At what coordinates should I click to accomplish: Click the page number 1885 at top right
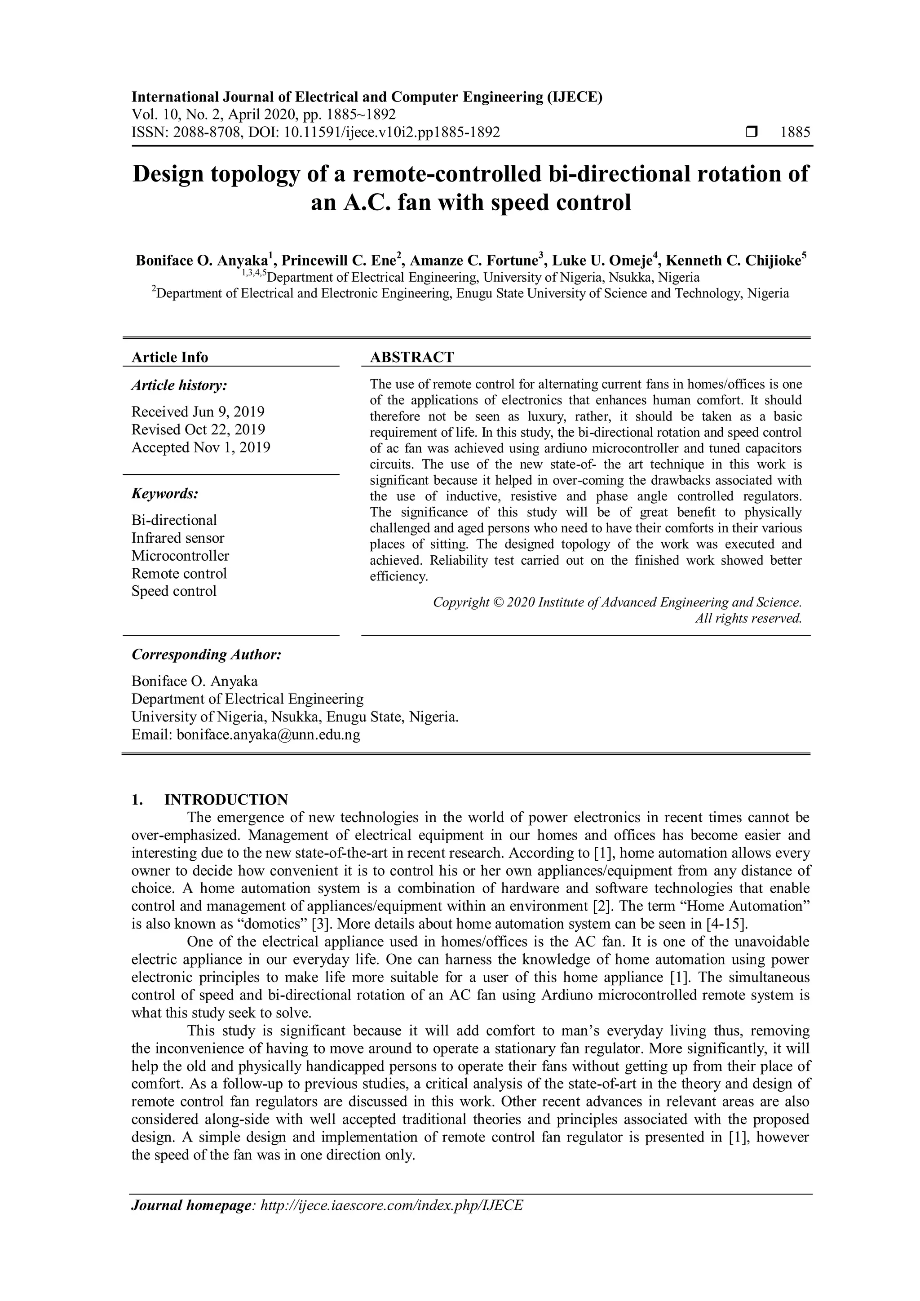[796, 133]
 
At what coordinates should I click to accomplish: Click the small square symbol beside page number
[752, 133]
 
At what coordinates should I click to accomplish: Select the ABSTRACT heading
[412, 357]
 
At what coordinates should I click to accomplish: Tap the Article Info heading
[170, 357]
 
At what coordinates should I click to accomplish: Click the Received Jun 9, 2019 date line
[198, 412]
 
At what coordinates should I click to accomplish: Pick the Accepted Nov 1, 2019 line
[200, 447]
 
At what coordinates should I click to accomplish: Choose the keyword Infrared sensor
[178, 538]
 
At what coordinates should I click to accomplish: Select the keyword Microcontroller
[180, 555]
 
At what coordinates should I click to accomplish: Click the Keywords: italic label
[165, 494]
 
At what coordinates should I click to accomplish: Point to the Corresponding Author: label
[206, 655]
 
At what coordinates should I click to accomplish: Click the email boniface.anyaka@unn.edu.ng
[269, 735]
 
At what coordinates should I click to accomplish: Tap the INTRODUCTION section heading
[226, 800]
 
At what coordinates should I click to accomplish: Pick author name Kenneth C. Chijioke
[733, 261]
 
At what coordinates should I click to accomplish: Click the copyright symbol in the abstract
[497, 602]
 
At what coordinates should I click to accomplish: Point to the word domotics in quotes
[274, 924]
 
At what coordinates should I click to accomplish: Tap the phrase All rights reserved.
[748, 618]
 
